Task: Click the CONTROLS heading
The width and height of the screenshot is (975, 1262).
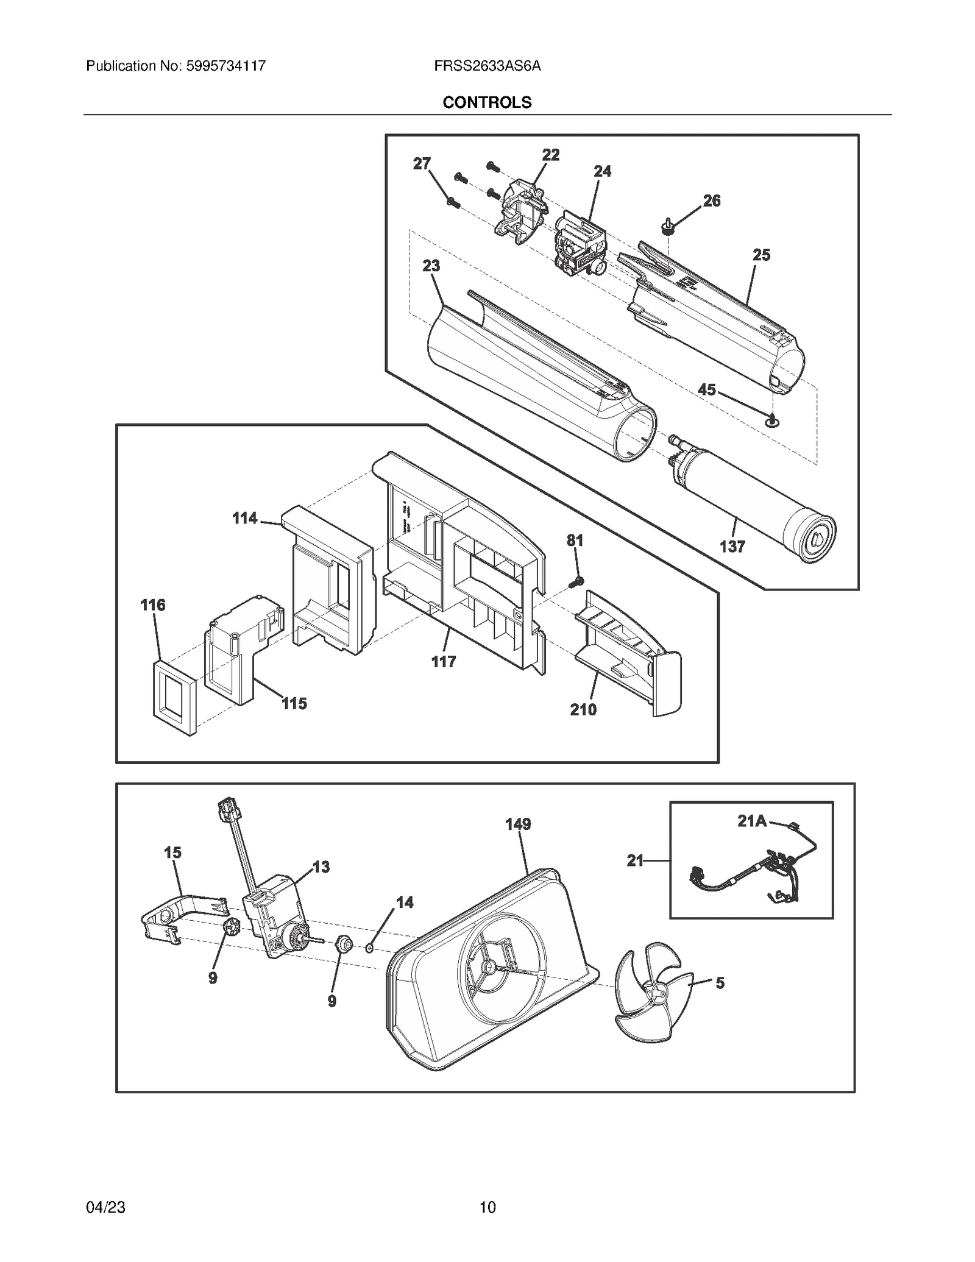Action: point(487,102)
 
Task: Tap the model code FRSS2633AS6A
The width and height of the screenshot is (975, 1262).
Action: point(487,66)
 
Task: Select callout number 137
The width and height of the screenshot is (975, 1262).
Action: point(732,547)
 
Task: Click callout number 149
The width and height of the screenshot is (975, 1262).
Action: point(518,824)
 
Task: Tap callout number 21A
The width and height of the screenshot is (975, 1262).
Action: point(751,821)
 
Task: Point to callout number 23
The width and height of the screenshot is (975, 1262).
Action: point(431,266)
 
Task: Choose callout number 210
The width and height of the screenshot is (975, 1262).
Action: point(583,709)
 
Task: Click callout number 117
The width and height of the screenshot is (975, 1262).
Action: point(444,662)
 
